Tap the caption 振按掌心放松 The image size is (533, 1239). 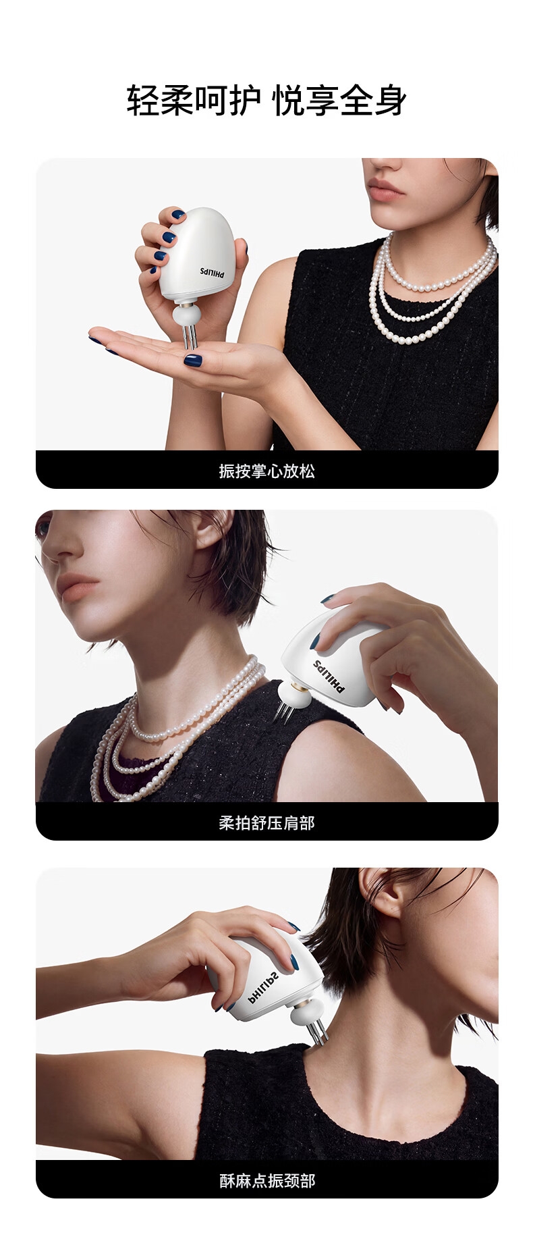[266, 471]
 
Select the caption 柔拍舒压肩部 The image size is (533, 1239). [266, 822]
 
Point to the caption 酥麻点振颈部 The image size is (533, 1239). [266, 1180]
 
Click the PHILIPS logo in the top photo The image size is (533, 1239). [215, 271]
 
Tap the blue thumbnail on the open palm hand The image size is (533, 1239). [193, 360]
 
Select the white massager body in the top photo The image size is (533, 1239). [199, 254]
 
